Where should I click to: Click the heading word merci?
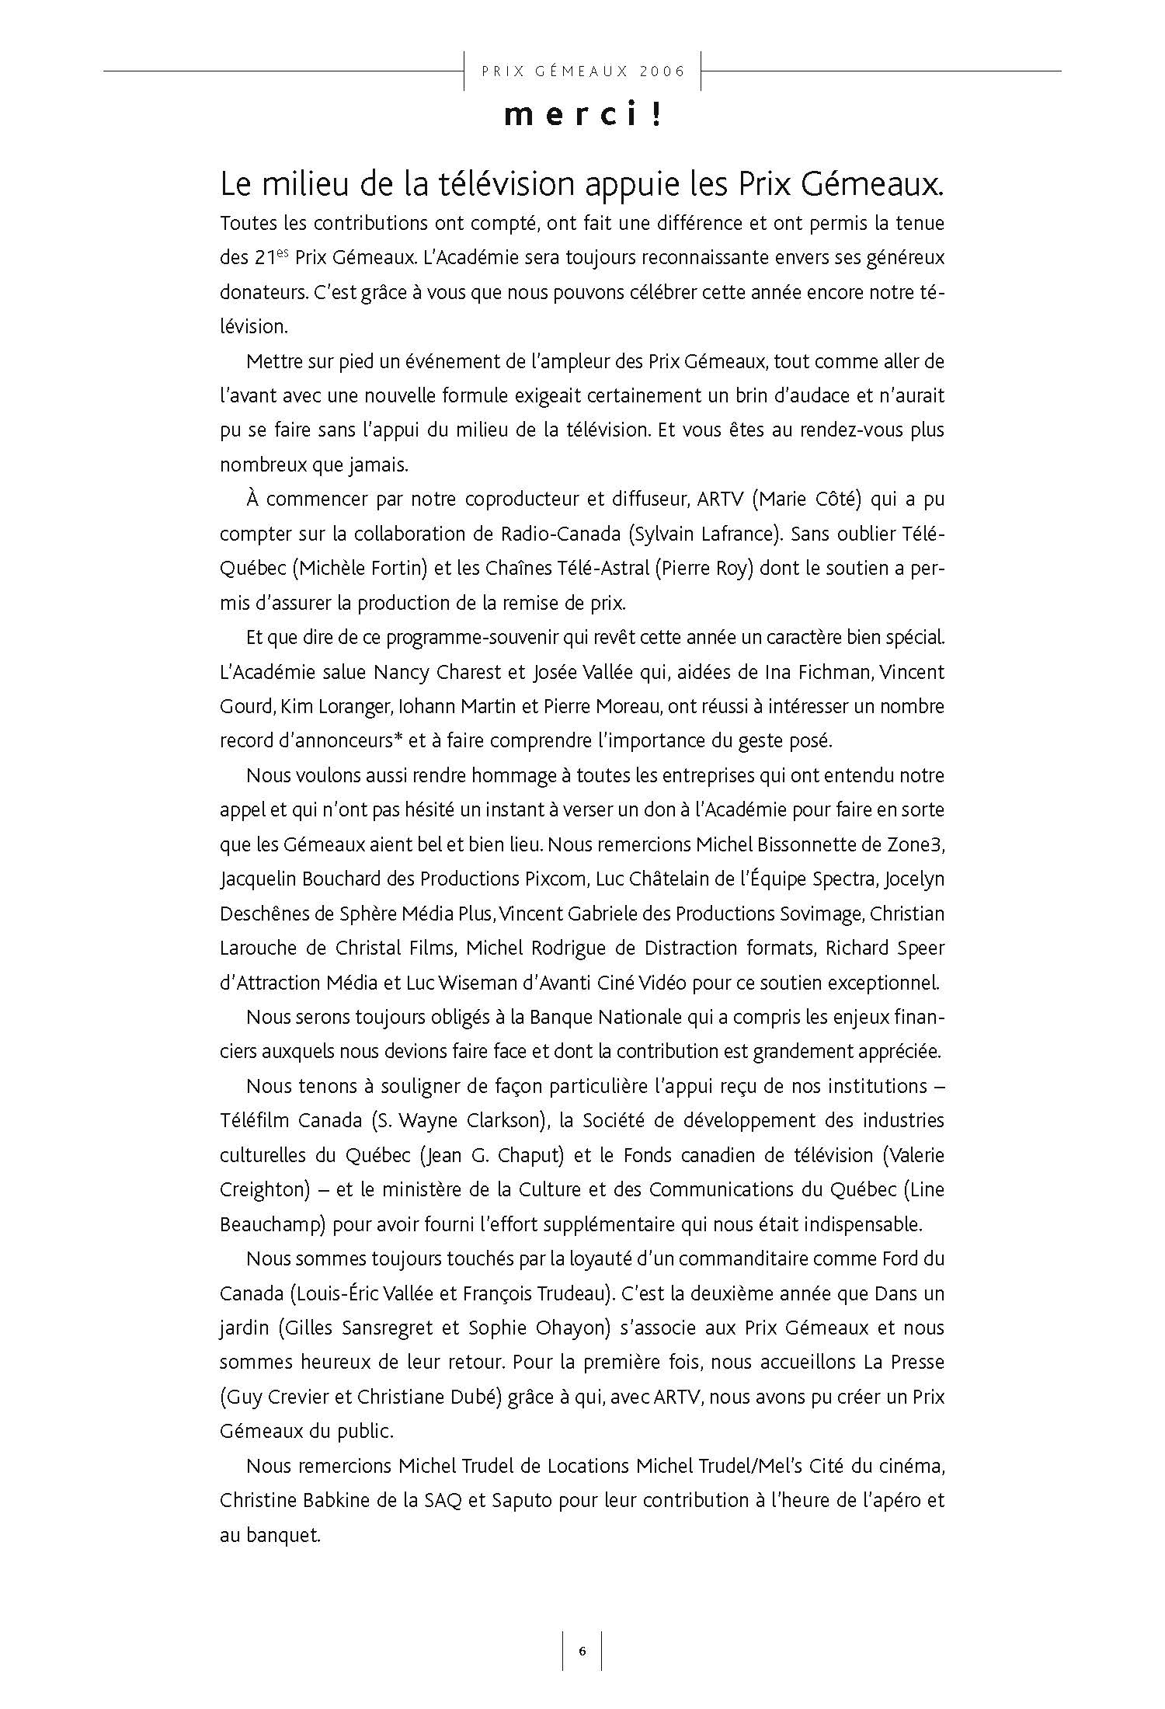(570, 116)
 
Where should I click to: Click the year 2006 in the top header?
(664, 71)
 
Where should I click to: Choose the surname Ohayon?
(570, 1328)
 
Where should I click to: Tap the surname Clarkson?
(509, 1121)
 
